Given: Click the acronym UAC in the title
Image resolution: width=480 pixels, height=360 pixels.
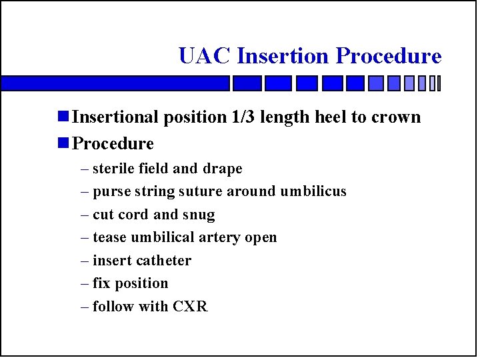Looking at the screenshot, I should pos(205,56).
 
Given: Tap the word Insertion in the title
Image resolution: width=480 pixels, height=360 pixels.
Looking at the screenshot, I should pos(283,56).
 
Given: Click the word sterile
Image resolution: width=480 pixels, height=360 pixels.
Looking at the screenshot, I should pos(114,169).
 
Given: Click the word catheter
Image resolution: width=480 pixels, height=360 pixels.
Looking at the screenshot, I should pos(163,261).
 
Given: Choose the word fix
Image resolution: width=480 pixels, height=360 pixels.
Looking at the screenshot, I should pos(101,283).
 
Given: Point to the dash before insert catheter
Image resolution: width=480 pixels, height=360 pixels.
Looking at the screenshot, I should pos(84,261).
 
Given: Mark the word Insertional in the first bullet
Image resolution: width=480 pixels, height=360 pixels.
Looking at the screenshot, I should pos(116,117).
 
